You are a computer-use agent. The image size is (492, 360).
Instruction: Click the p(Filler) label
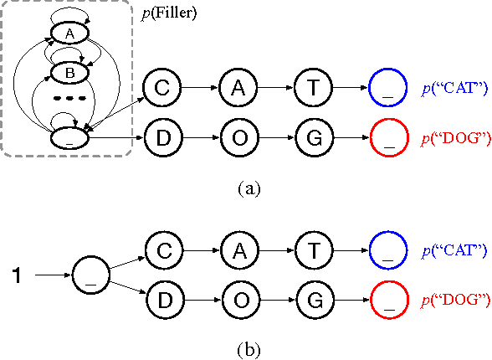tap(169, 13)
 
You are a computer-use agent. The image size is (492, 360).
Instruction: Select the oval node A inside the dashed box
tap(69, 33)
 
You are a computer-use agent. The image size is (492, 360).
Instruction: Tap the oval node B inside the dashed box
tap(69, 74)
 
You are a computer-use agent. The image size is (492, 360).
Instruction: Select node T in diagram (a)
tap(313, 86)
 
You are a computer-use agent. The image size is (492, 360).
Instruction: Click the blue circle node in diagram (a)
tap(388, 86)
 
